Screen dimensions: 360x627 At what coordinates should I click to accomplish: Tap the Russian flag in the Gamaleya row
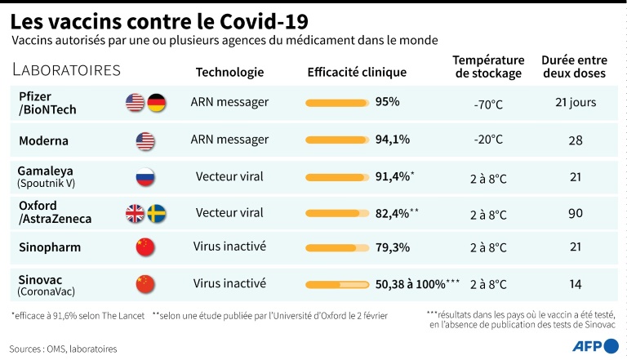[145, 176]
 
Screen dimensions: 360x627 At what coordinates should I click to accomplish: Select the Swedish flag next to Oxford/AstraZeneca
[156, 214]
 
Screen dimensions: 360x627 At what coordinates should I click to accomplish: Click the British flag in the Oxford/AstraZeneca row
[135, 214]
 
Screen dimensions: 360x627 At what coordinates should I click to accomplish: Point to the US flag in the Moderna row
[145, 140]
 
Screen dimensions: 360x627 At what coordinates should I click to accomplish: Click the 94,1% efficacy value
[392, 140]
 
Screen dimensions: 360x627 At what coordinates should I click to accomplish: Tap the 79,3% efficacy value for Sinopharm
[392, 247]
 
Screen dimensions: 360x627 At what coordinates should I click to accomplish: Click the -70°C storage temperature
[488, 104]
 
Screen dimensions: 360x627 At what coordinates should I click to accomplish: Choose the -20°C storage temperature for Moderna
[488, 140]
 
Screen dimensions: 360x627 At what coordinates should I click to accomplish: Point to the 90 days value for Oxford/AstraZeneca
[575, 214]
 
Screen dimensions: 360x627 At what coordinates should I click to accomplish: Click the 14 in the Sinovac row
[575, 285]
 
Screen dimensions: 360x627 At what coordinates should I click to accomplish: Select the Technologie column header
[229, 73]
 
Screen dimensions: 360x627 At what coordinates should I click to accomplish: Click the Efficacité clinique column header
[357, 73]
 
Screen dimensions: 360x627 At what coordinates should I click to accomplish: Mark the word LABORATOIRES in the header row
[67, 70]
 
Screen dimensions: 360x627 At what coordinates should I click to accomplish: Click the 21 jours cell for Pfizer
[575, 102]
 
